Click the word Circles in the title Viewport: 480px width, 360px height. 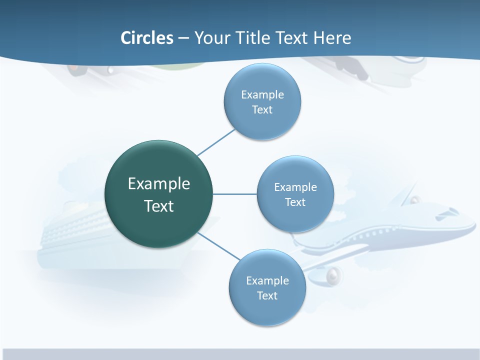pos(147,38)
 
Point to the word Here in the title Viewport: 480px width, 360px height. pos(332,38)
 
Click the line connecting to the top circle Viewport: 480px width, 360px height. pos(216,142)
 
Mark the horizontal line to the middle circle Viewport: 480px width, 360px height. pos(234,194)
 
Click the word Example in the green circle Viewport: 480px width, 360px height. pos(158,183)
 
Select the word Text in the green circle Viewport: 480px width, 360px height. pos(158,206)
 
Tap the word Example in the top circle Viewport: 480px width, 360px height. pos(262,94)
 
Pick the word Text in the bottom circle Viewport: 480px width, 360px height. pos(267,295)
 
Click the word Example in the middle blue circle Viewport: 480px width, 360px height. pos(295,187)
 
